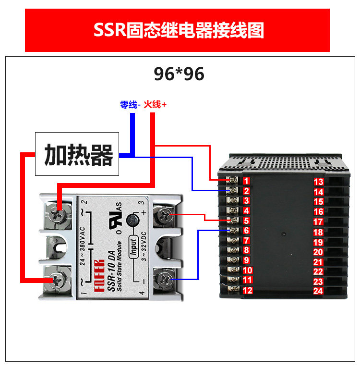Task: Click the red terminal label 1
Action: (x=246, y=181)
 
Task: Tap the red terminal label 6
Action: (x=246, y=231)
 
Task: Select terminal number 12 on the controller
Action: (x=247, y=290)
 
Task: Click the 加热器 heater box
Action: (x=78, y=155)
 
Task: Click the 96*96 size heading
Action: (x=179, y=74)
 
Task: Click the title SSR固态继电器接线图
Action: (x=178, y=30)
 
